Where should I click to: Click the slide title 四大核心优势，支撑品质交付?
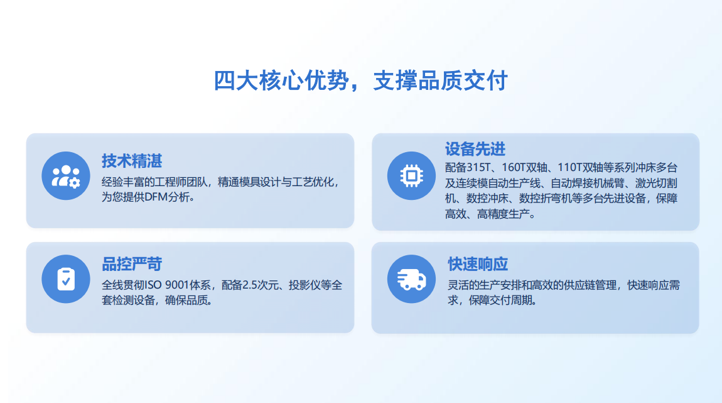point(360,80)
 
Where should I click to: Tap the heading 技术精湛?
point(132,161)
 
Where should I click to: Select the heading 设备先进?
point(475,149)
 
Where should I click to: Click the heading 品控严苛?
point(132,264)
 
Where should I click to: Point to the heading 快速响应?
point(478,264)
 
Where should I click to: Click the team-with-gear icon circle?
point(66,175)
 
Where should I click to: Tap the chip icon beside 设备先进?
point(411,175)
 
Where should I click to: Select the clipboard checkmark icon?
point(66,279)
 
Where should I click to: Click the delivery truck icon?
point(411,279)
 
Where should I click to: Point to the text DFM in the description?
point(156,197)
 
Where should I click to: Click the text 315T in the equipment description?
point(479,167)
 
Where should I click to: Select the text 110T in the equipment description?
point(569,167)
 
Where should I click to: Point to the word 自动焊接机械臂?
point(588,183)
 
